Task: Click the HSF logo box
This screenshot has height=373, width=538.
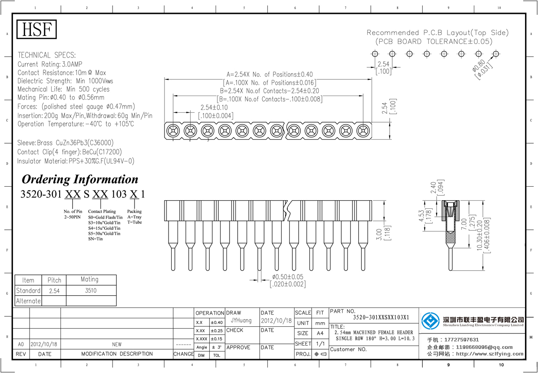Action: pos(37,30)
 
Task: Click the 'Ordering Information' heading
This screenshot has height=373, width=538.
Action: pos(80,180)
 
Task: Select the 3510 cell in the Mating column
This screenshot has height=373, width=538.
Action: pos(90,290)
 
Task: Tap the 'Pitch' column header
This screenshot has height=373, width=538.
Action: pos(54,280)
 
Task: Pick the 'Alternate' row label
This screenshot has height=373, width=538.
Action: pos(28,301)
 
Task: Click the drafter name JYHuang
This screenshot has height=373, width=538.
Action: pos(242,321)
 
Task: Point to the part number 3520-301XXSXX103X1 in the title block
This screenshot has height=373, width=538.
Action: pos(381,317)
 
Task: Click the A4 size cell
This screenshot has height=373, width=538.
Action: pos(320,334)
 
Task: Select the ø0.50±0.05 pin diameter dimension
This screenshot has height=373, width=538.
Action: pos(288,276)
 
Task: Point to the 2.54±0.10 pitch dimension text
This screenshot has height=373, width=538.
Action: pos(214,108)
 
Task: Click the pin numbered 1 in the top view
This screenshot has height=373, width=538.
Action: pos(173,131)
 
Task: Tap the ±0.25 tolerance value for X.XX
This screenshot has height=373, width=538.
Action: pos(217,330)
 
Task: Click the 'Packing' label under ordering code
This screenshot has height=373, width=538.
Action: pos(134,211)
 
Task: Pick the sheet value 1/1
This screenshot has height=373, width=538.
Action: pos(320,344)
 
